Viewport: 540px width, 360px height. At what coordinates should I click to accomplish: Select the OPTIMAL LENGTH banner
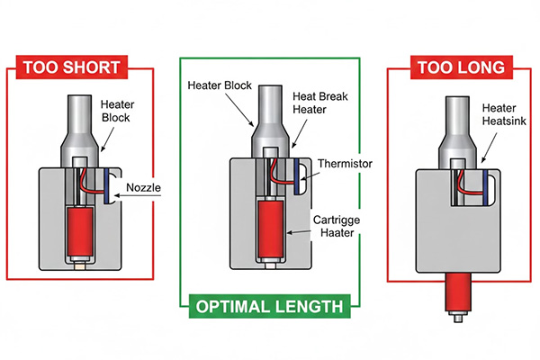[268, 307]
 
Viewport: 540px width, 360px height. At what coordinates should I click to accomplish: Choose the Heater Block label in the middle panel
[219, 85]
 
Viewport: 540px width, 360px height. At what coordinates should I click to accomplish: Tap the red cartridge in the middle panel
[269, 229]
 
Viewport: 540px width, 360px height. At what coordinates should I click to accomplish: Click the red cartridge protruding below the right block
[458, 291]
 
